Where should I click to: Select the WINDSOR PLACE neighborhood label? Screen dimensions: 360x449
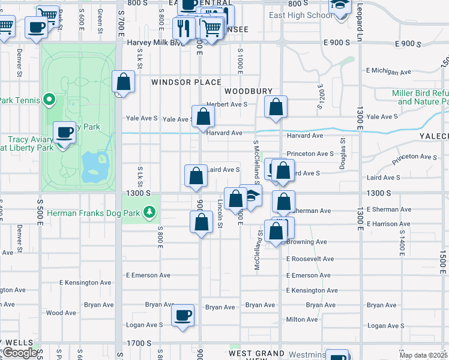[186, 82]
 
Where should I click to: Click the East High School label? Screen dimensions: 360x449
[297, 15]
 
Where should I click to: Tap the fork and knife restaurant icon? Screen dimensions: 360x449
[184, 28]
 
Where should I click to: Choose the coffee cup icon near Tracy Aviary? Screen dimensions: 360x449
[64, 132]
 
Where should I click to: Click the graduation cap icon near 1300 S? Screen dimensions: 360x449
[252, 195]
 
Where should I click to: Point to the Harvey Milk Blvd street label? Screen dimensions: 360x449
[153, 43]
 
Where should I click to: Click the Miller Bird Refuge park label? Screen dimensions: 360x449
[420, 97]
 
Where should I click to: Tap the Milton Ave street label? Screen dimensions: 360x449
[302, 319]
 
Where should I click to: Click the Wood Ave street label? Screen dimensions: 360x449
[61, 313]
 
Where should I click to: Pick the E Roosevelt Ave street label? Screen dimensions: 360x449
[310, 259]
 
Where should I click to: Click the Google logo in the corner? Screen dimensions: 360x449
[20, 353]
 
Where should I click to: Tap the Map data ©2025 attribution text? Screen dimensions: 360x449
[423, 355]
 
